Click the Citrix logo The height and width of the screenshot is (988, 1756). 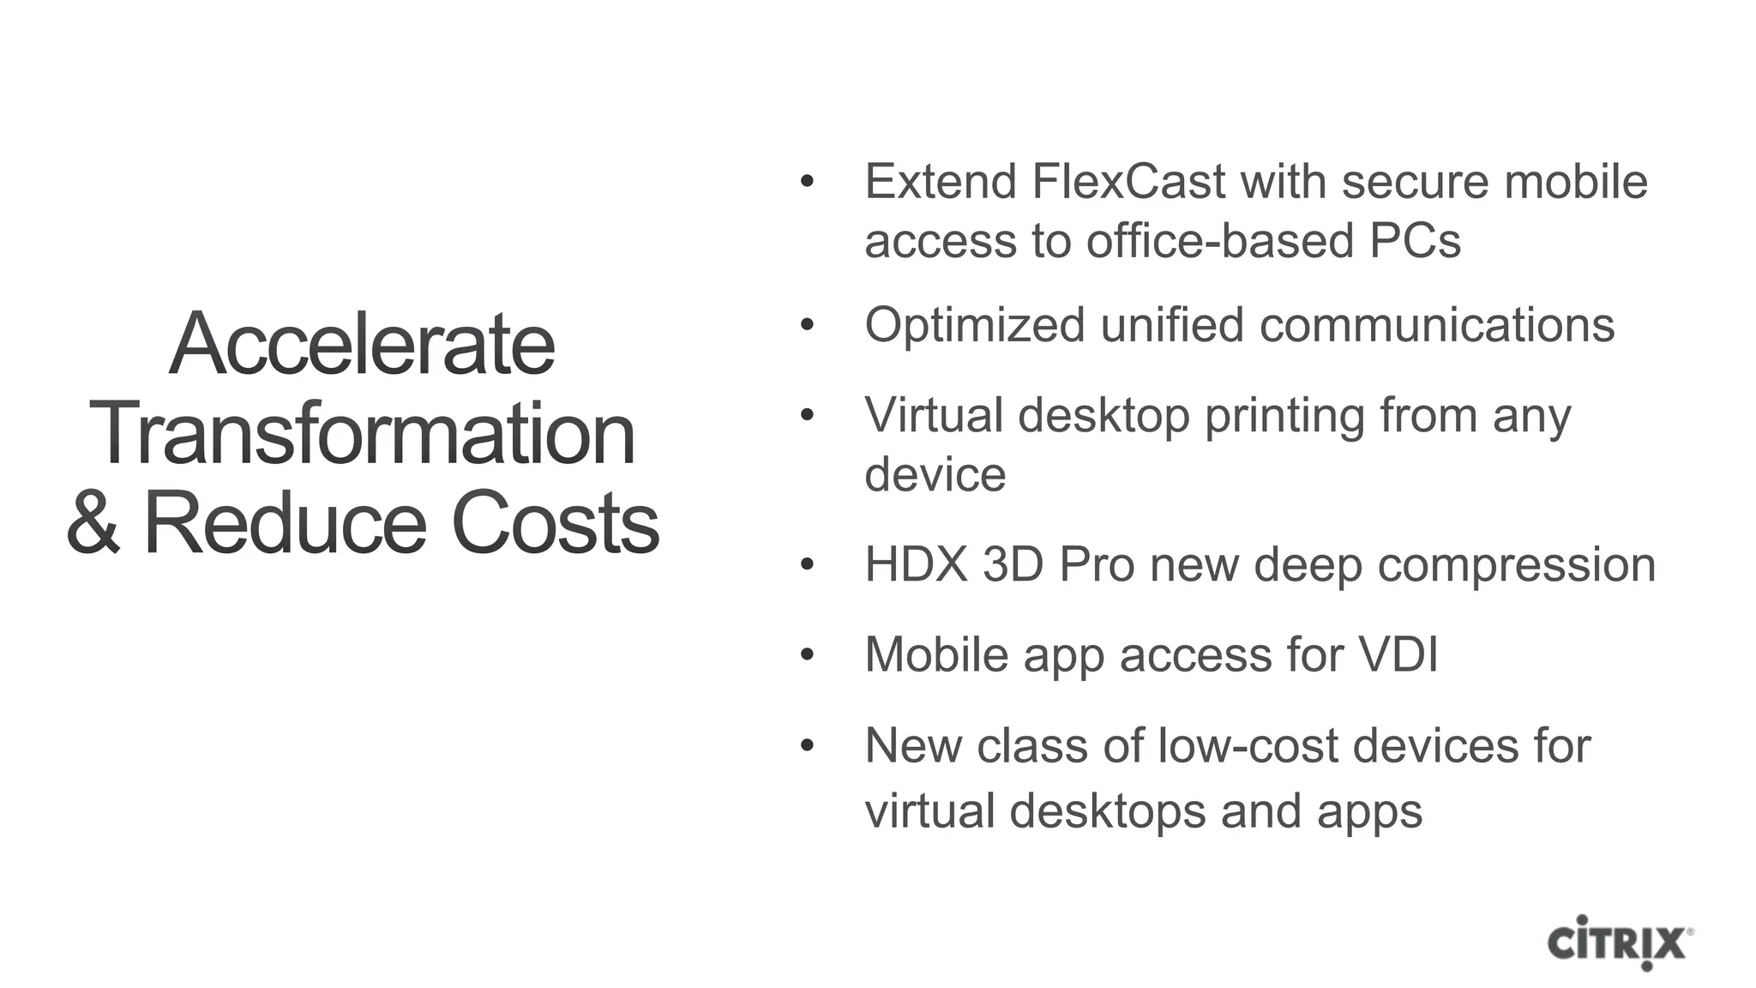tap(1620, 943)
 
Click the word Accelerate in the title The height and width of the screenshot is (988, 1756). tap(362, 345)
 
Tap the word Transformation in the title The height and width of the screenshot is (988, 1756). tap(362, 435)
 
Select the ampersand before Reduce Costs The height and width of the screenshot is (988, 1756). tap(93, 524)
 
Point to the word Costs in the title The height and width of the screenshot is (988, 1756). tap(555, 524)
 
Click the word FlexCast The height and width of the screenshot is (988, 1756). tap(1128, 182)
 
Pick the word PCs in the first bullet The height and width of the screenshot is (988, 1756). tap(1415, 241)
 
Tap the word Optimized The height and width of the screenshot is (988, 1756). tap(975, 326)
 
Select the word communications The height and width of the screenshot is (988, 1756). tap(1437, 326)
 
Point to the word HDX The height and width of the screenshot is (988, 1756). tap(916, 565)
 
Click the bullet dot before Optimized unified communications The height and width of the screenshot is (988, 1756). tap(806, 326)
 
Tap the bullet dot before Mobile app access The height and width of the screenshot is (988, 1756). tap(806, 655)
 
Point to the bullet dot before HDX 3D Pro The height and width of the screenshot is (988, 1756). tap(806, 565)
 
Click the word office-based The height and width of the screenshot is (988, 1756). tap(1220, 241)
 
